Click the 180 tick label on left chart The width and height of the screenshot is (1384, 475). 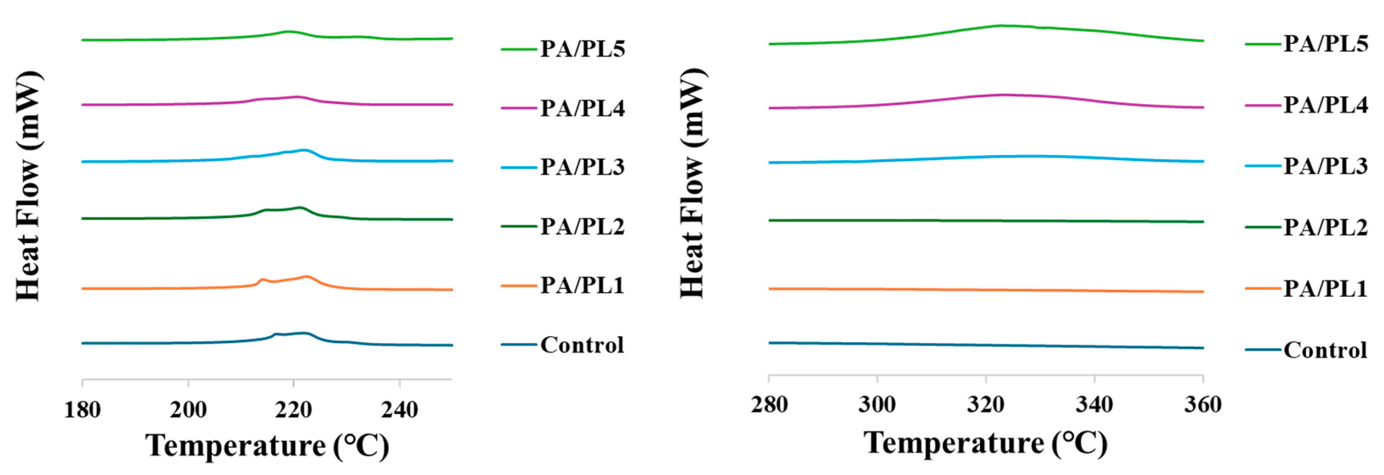point(82,410)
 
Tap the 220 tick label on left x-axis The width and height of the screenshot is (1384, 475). point(294,410)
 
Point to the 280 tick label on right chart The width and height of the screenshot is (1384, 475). point(769,404)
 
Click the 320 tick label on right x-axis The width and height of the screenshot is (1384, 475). point(986,404)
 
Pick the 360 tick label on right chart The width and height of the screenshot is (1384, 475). point(1203,404)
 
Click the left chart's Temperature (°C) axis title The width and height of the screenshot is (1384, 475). point(267,445)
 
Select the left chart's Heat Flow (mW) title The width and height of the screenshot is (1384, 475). point(29,185)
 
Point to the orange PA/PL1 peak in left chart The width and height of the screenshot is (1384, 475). point(307,276)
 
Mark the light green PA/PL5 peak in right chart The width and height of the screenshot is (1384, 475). point(1002,25)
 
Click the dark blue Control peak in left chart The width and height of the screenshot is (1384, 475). point(304,333)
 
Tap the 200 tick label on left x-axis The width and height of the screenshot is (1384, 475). point(188,410)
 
